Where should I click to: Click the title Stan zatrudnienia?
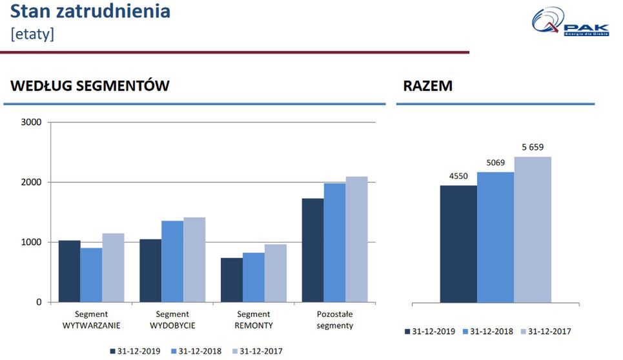tap(91, 11)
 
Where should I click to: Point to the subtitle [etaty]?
tap(32, 34)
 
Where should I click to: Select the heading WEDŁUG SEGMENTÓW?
tap(90, 86)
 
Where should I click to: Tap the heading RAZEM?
tap(427, 86)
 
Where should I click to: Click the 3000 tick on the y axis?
tap(31, 123)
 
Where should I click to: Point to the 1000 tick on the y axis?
tap(31, 243)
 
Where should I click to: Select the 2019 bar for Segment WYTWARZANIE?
tap(69, 271)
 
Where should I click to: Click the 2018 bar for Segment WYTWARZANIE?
tap(91, 275)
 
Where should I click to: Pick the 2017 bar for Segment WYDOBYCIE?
tap(194, 259)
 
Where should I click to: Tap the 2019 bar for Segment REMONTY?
tap(231, 280)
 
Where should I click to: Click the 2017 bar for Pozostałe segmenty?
tap(356, 239)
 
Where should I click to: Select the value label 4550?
tap(458, 176)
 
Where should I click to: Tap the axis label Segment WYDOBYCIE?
tap(172, 319)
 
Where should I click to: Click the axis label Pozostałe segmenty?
tap(334, 319)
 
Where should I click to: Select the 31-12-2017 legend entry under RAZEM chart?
tap(546, 332)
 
